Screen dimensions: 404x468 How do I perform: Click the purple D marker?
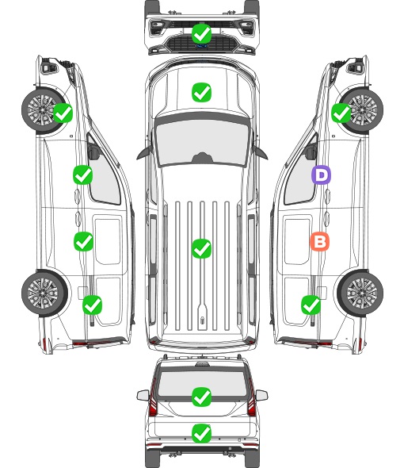321,175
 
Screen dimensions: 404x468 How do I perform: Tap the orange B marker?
319,241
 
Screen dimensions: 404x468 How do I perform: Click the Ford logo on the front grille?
201,46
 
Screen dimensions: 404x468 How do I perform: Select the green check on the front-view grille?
201,33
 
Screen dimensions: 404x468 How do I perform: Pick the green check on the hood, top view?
201,92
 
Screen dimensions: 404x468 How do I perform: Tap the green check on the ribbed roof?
201,248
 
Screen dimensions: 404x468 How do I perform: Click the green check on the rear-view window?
201,397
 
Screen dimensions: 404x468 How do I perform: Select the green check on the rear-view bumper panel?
201,433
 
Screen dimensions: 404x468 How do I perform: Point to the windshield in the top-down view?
202,143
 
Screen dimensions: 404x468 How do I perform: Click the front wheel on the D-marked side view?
361,110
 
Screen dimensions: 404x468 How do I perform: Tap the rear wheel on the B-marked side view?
360,293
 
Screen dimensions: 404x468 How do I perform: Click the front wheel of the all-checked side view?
44,110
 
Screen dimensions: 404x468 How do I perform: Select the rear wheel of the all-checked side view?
44,293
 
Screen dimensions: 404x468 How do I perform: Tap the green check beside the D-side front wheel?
341,113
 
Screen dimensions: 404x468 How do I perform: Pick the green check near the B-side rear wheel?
311,305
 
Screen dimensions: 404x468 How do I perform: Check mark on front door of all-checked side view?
82,175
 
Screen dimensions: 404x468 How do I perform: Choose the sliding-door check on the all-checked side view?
83,241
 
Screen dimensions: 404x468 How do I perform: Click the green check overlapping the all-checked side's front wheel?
63,113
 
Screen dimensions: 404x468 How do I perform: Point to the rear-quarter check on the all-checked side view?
92,305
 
